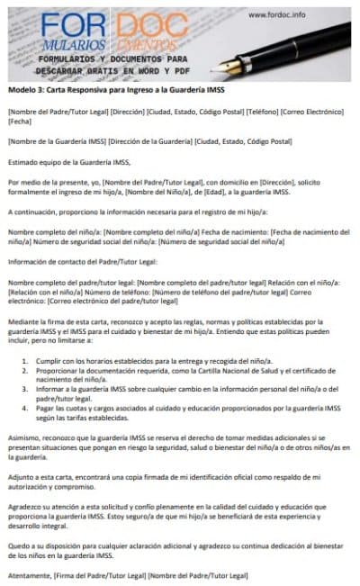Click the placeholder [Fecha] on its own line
click(19, 121)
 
